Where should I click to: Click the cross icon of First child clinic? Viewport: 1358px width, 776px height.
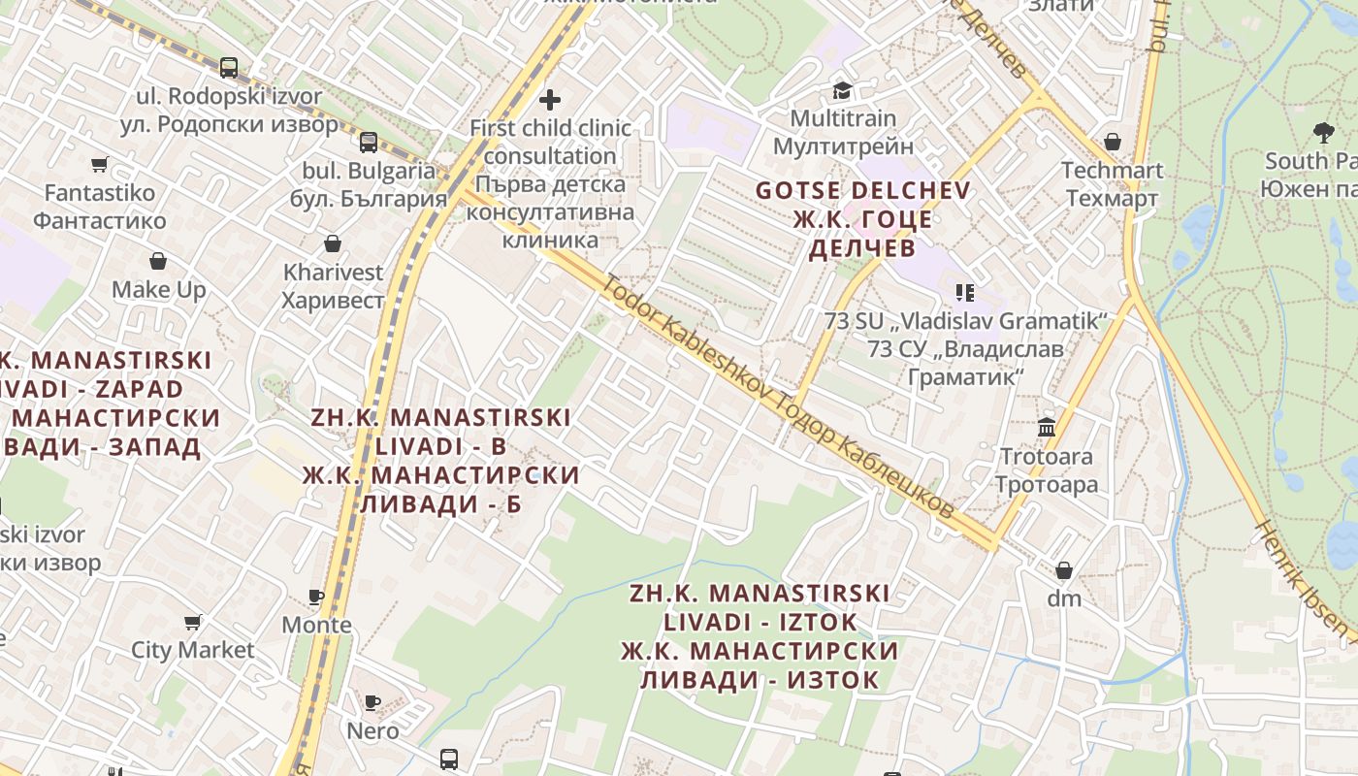550,99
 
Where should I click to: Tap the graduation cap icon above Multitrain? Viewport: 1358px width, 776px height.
842,90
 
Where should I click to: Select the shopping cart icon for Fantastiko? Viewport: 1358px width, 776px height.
99,164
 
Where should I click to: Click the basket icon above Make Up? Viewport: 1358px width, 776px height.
158,261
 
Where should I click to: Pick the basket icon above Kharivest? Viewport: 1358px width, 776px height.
333,242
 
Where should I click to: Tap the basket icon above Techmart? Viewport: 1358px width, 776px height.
1112,142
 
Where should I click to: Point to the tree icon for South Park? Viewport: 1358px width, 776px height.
1322,132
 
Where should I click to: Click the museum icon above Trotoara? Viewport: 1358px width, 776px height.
1047,427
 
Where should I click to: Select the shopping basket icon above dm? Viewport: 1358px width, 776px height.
1064,569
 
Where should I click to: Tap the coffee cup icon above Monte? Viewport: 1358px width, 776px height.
316,596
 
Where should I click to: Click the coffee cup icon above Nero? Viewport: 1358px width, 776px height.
372,701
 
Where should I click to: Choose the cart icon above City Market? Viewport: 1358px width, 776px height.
192,621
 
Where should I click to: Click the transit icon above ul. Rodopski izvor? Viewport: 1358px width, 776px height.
229,67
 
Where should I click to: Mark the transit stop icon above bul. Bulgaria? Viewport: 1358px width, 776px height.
369,143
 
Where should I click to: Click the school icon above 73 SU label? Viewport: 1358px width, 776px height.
964,292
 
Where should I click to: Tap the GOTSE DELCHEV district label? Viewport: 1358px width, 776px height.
862,190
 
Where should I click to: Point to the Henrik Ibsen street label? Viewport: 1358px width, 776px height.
1306,582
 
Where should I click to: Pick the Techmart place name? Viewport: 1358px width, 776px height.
1112,171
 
